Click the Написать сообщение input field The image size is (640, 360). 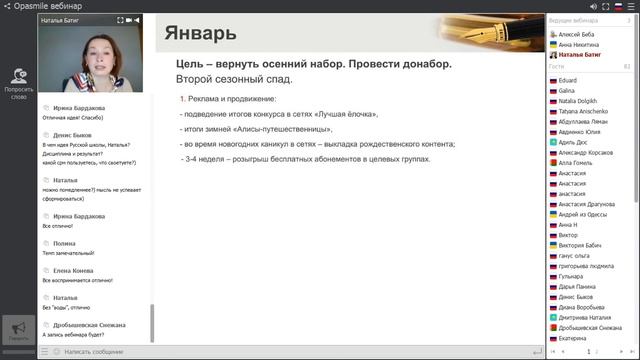pos(100,352)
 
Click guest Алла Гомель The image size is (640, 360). pos(575,161)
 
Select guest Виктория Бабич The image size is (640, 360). pos(581,243)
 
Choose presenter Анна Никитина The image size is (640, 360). pos(579,44)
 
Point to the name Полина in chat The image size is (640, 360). pos(64,243)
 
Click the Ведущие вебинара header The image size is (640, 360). pos(573,20)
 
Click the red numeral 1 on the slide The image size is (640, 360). pos(182,99)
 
